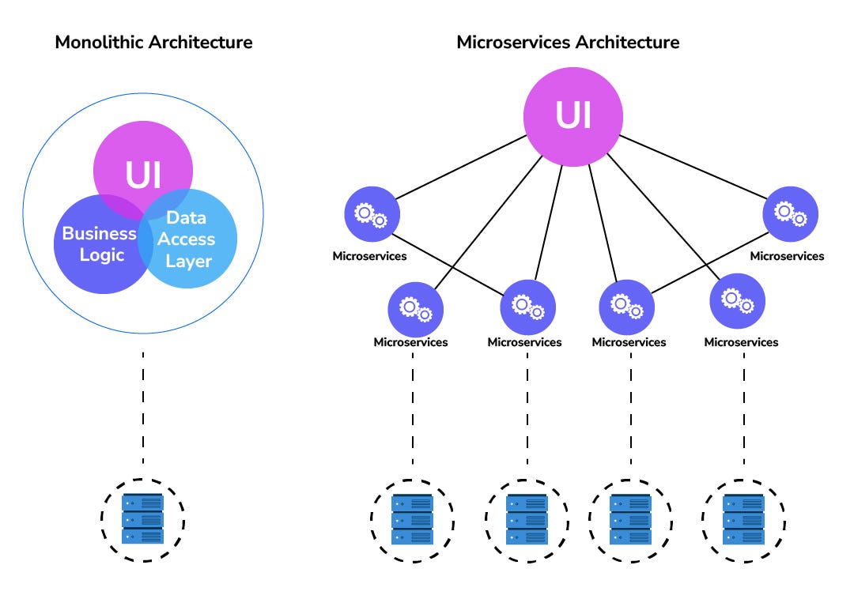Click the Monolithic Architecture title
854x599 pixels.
tap(153, 42)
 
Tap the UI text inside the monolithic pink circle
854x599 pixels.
tap(142, 175)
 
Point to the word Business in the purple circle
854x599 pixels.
tap(99, 234)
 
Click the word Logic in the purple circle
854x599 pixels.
tap(101, 255)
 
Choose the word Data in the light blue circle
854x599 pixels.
tap(187, 218)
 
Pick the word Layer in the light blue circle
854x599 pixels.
tap(188, 260)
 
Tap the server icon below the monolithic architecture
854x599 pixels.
tap(142, 519)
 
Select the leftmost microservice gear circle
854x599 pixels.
tap(372, 214)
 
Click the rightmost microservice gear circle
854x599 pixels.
tap(790, 214)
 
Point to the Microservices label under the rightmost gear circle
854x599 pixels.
tap(787, 256)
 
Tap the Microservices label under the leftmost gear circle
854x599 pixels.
tap(369, 256)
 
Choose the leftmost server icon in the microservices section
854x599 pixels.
tap(412, 519)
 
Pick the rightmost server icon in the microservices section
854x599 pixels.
tap(743, 519)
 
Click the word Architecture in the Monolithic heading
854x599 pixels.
tap(203, 42)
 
